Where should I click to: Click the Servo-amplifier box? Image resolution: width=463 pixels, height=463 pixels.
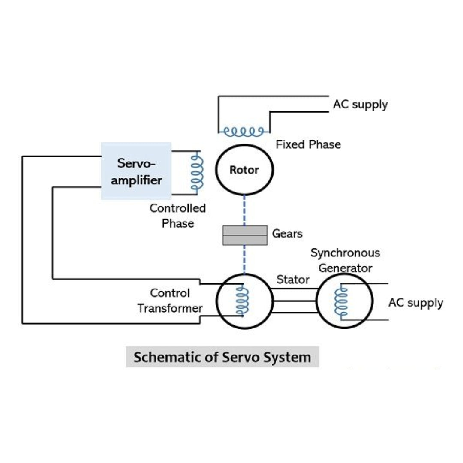pyautogui.click(x=136, y=171)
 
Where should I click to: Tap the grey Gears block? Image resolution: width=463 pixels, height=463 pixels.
pyautogui.click(x=244, y=235)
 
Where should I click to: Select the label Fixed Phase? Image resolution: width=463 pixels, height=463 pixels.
pyautogui.click(x=308, y=144)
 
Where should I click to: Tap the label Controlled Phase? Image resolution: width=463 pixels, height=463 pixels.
pyautogui.click(x=177, y=216)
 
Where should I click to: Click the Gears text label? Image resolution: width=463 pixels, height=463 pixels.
pyautogui.click(x=287, y=234)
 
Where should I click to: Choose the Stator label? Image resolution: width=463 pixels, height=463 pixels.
pyautogui.click(x=293, y=280)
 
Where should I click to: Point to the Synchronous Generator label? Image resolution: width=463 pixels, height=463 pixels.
pyautogui.click(x=345, y=260)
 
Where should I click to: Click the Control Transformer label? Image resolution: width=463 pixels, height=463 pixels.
pyautogui.click(x=170, y=301)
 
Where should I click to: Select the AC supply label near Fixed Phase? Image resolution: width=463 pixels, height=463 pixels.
pyautogui.click(x=360, y=104)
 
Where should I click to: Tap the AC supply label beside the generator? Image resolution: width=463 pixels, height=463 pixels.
pyautogui.click(x=415, y=303)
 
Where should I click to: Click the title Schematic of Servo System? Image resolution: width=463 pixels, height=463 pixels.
pyautogui.click(x=222, y=357)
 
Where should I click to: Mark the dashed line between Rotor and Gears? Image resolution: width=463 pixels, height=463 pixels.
pyautogui.click(x=244, y=210)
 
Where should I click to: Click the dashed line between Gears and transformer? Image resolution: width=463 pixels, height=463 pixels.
pyautogui.click(x=244, y=259)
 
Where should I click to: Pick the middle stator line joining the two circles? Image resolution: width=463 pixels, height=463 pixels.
pyautogui.click(x=294, y=301)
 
